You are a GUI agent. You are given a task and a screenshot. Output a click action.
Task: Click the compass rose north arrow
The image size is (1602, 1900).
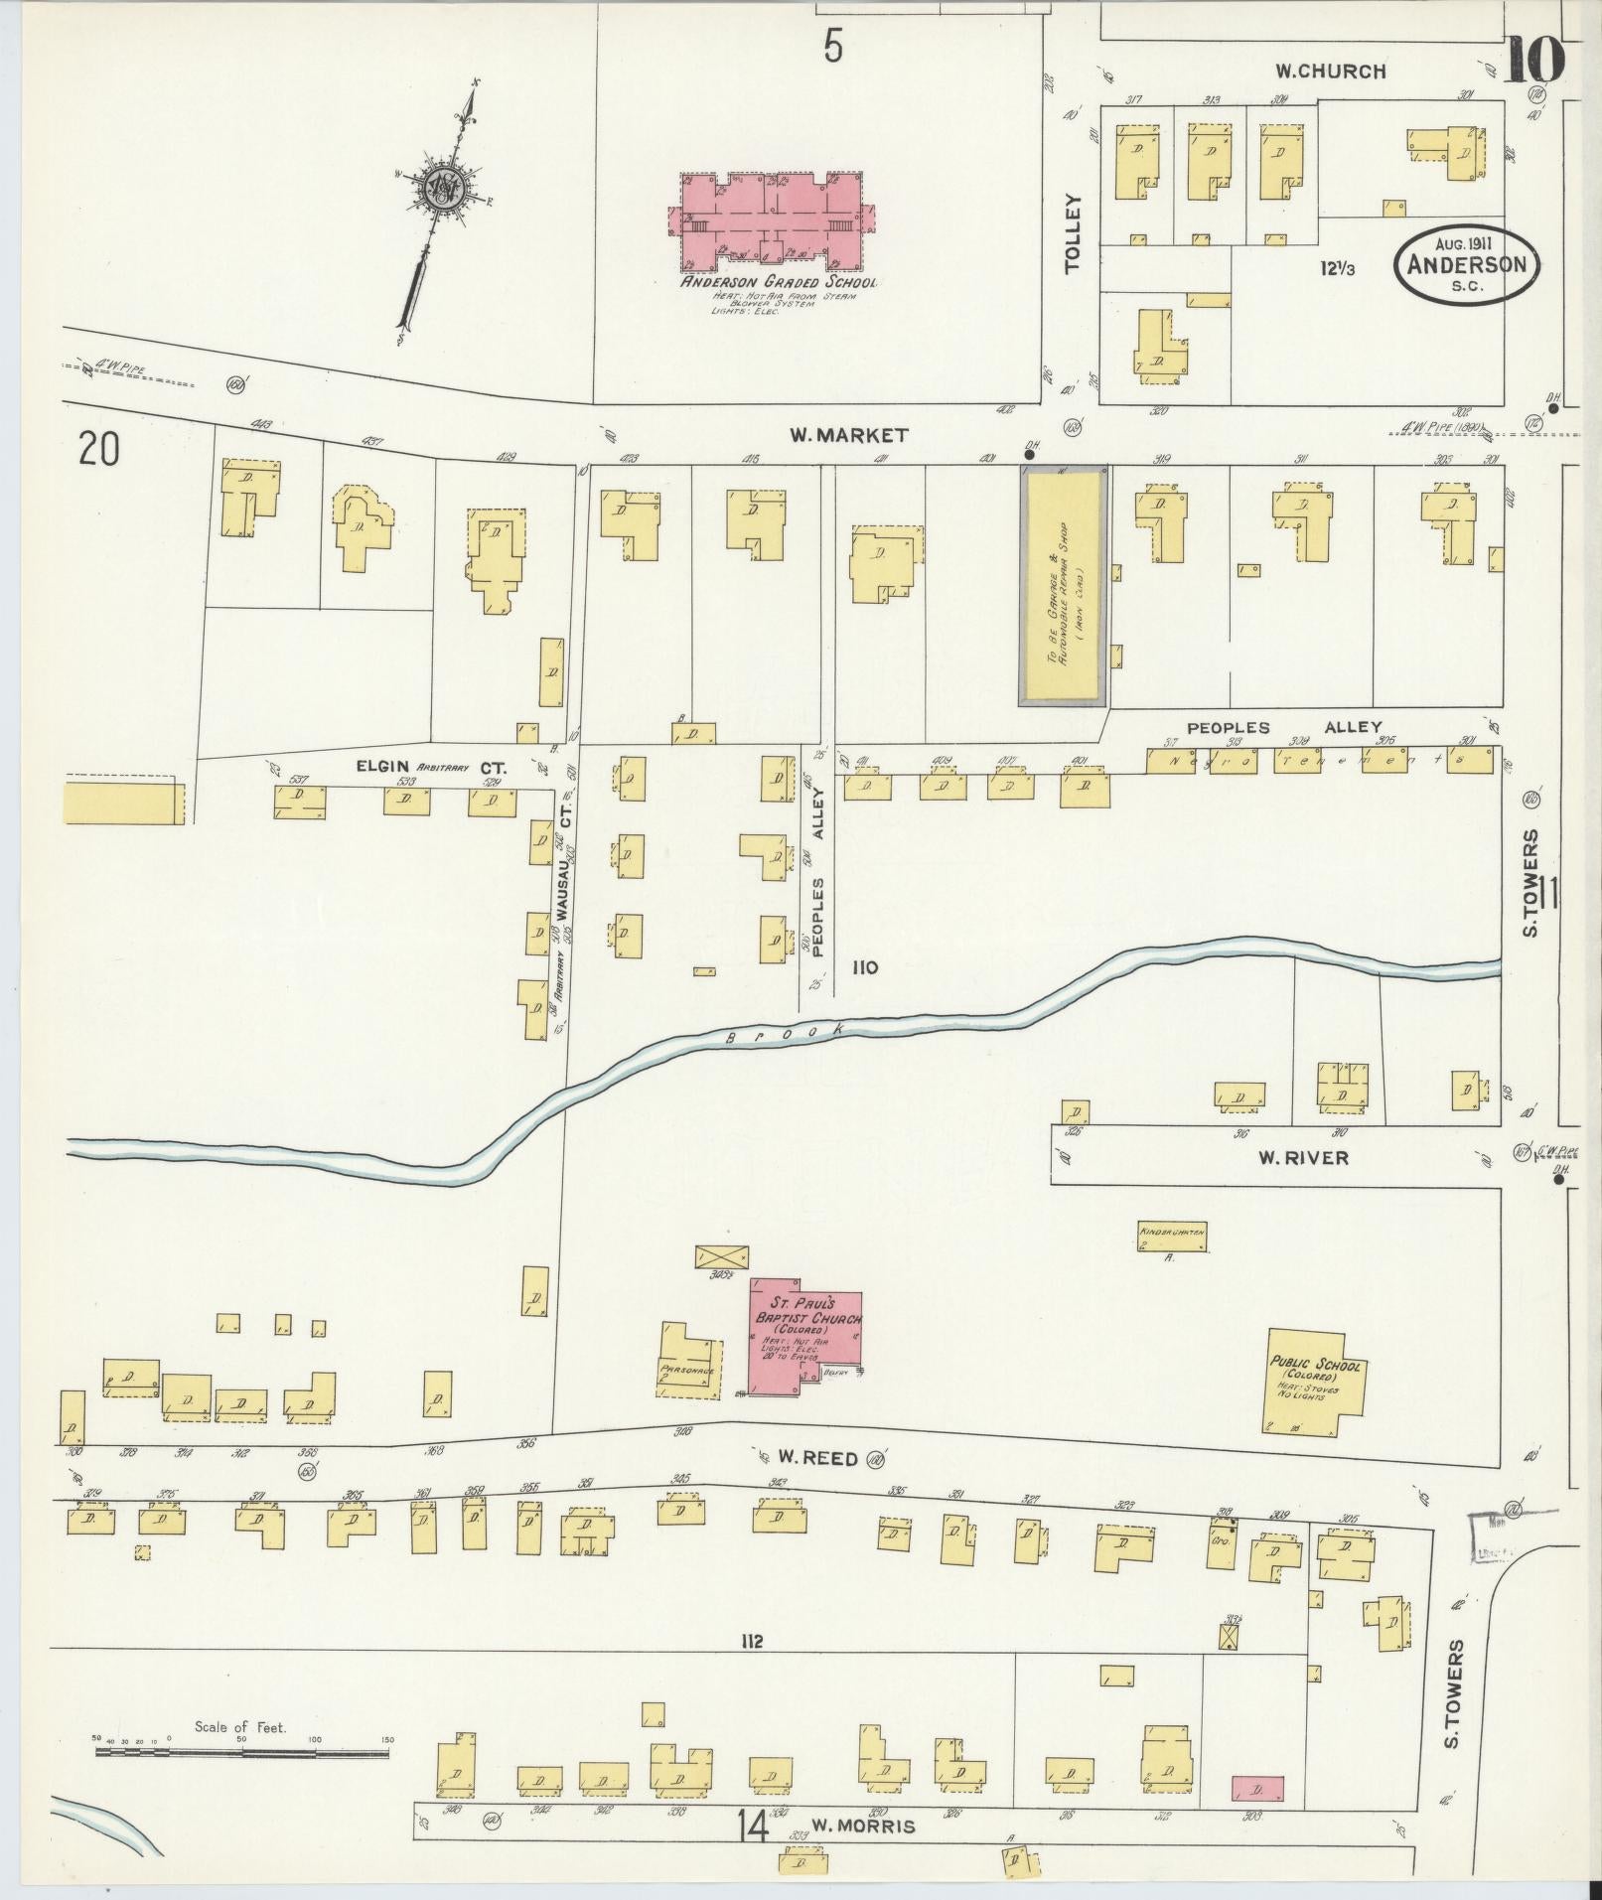pos(443,189)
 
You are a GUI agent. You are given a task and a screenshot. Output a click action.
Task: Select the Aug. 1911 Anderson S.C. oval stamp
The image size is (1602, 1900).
pos(1466,263)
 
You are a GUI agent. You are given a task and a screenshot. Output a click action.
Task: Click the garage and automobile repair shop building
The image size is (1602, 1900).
pos(1062,586)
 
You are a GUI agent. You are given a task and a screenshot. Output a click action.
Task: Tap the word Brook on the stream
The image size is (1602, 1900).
pos(784,1034)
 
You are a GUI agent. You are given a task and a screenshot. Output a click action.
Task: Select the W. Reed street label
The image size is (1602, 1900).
pos(805,1458)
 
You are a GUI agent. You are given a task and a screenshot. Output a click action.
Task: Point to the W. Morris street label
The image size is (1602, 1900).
pos(859,1826)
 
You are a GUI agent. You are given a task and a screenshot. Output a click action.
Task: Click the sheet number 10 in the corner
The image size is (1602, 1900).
pos(1534,60)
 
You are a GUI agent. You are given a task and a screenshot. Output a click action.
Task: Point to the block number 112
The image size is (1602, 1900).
pos(751,1641)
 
